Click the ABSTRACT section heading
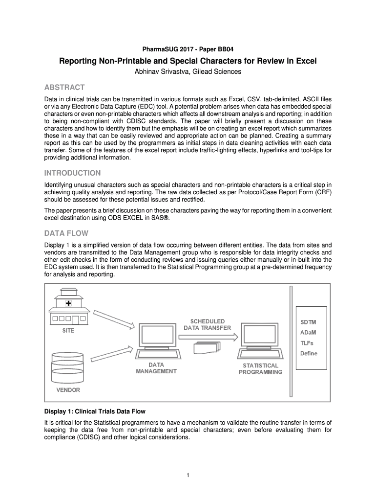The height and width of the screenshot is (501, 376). [64, 88]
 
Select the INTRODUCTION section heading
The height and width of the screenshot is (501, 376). [73, 173]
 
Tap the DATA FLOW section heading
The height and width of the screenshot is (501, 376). [66, 233]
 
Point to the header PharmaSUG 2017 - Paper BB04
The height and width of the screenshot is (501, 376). [188, 49]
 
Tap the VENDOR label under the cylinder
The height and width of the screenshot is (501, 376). [68, 390]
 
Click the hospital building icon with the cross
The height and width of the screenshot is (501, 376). [68, 308]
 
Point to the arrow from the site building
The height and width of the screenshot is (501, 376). [113, 319]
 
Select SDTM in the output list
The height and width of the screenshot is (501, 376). [309, 322]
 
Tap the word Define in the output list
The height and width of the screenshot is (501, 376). [310, 353]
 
